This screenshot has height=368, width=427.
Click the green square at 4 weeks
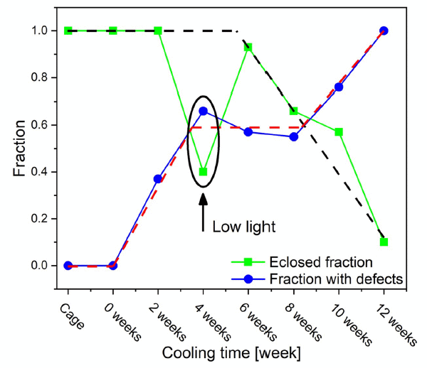[x=204, y=171]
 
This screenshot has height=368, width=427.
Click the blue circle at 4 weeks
[x=204, y=111]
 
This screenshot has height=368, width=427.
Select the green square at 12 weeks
[x=384, y=242]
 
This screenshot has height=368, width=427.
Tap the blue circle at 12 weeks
[x=384, y=31]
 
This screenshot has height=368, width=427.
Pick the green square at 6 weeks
[x=248, y=47]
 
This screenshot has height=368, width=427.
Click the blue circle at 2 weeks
[x=158, y=178]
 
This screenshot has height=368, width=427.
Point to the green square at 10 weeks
[x=339, y=131]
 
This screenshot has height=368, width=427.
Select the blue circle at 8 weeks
[x=294, y=136]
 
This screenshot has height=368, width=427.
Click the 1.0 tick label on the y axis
[x=39, y=31]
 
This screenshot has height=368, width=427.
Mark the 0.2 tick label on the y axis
[x=39, y=218]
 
